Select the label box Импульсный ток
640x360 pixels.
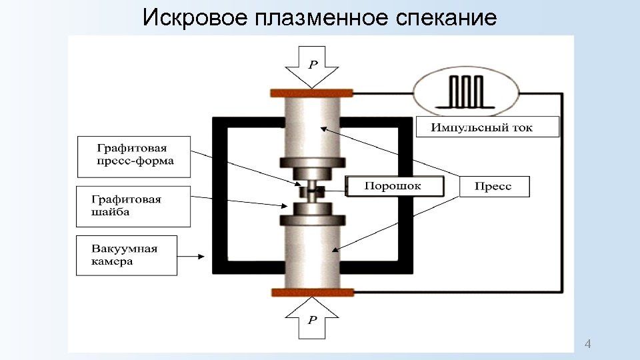pyautogui.click(x=487, y=127)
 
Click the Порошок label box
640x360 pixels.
pyautogui.click(x=393, y=186)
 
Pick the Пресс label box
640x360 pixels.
pyautogui.click(x=494, y=187)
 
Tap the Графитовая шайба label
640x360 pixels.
pyautogui.click(x=133, y=206)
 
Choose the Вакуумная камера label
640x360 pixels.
pyautogui.click(x=127, y=255)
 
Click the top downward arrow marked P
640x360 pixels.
pyautogui.click(x=311, y=67)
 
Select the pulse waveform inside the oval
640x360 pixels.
pyautogui.click(x=465, y=91)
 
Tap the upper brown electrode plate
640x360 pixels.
pyautogui.click(x=311, y=93)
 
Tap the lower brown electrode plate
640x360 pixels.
pyautogui.click(x=311, y=291)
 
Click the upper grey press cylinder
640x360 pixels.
pyautogui.click(x=311, y=127)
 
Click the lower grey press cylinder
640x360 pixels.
pyautogui.click(x=311, y=257)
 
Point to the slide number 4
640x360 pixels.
pyautogui.click(x=587, y=344)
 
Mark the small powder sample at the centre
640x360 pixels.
pyautogui.click(x=311, y=191)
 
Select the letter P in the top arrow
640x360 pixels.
pyautogui.click(x=312, y=65)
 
